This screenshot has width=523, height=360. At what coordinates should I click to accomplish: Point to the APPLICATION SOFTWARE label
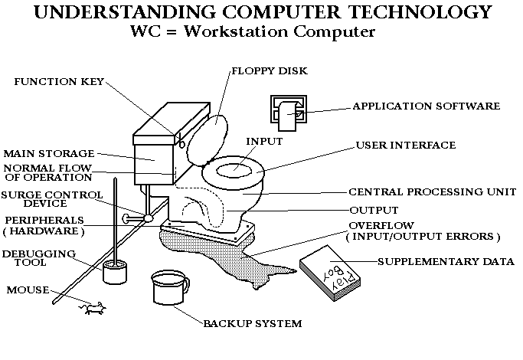click(425, 106)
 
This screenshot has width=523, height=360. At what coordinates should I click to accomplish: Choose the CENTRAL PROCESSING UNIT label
click(432, 191)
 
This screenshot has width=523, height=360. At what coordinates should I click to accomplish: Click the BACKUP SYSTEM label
click(252, 323)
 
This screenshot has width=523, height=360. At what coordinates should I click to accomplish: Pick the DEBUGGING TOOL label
click(28, 257)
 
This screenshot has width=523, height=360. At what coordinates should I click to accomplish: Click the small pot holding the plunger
click(116, 273)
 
